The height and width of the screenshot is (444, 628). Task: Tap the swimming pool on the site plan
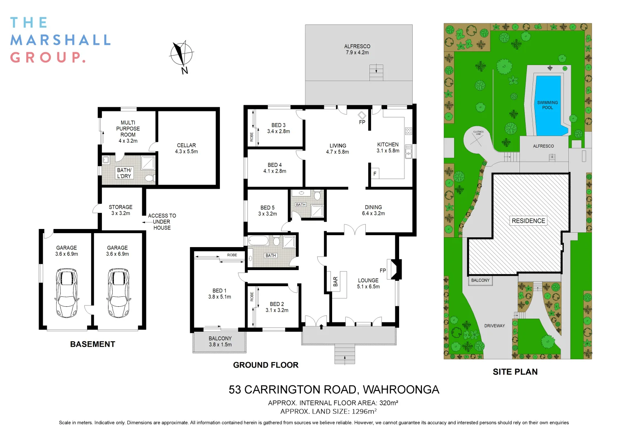click(548, 105)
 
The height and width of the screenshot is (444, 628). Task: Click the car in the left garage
click(67, 292)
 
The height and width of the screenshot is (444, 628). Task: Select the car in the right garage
click(118, 292)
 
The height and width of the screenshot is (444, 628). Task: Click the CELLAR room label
click(186, 146)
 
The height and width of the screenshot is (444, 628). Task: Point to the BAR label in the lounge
click(335, 282)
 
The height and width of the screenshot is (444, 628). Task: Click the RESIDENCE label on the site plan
click(528, 221)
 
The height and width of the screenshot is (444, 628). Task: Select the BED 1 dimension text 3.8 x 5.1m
click(219, 297)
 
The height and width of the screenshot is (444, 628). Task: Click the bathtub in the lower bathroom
click(259, 240)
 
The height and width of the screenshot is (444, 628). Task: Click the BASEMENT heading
click(92, 345)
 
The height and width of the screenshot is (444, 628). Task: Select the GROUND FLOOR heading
click(266, 365)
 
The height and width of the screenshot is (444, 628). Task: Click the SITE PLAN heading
click(515, 372)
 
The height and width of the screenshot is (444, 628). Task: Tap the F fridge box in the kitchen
click(375, 174)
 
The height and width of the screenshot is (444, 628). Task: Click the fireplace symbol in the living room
click(362, 115)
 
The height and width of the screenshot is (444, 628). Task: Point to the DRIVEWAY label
click(494, 326)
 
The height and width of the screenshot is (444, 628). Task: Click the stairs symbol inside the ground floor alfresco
click(376, 72)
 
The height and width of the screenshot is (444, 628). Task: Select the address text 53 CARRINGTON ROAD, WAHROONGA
click(334, 390)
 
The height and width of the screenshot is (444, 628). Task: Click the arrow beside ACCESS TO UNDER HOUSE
click(146, 222)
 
